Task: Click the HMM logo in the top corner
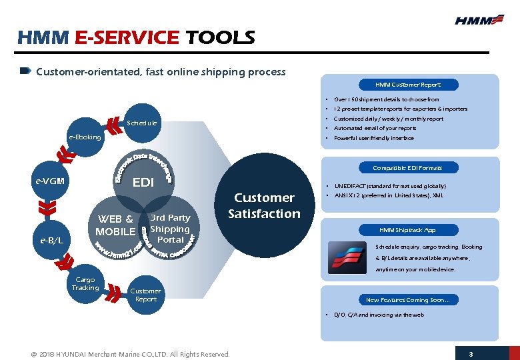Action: pyautogui.click(x=479, y=20)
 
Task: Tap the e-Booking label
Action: pyautogui.click(x=85, y=137)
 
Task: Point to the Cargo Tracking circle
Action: pyautogui.click(x=85, y=284)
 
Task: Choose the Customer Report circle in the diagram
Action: pyautogui.click(x=145, y=295)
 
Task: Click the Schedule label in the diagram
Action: pyautogui.click(x=142, y=123)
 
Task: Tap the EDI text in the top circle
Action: pyautogui.click(x=143, y=182)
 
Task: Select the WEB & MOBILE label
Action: pyautogui.click(x=115, y=225)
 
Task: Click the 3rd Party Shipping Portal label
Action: pyautogui.click(x=170, y=229)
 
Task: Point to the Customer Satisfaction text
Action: pyautogui.click(x=264, y=205)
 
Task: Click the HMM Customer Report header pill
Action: pyautogui.click(x=407, y=85)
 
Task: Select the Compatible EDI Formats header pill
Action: pyautogui.click(x=407, y=167)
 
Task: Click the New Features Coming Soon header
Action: pyautogui.click(x=407, y=300)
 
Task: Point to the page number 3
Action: pyautogui.click(x=471, y=353)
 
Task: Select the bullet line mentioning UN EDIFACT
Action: pyautogui.click(x=390, y=186)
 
